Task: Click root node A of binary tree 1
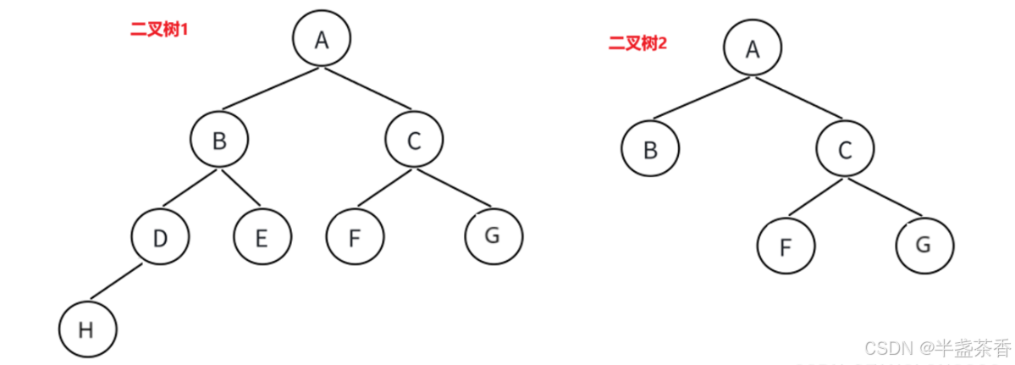[322, 39]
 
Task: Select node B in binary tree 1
[219, 141]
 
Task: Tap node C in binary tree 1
[414, 141]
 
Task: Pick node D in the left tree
[161, 238]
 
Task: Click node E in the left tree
[262, 238]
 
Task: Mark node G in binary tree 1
[493, 235]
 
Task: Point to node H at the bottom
[86, 329]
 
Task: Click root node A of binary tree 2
[753, 48]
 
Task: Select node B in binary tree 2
[650, 151]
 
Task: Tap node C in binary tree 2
[845, 151]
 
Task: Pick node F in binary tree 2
[786, 246]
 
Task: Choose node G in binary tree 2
[924, 245]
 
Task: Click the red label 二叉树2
[637, 43]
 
